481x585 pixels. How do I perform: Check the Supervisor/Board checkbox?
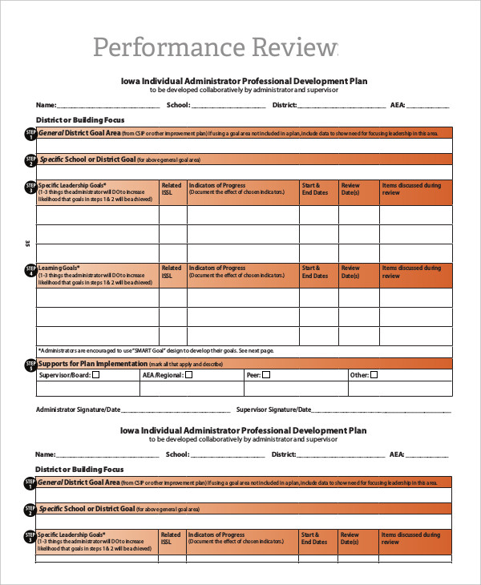pyautogui.click(x=96, y=374)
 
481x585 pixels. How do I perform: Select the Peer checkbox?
pyautogui.click(x=267, y=374)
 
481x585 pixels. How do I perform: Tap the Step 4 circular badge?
pyautogui.click(x=30, y=271)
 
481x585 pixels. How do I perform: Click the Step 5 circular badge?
pyautogui.click(x=30, y=365)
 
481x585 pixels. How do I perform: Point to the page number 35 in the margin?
pyautogui.click(x=27, y=243)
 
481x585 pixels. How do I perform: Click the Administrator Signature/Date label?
pyautogui.click(x=78, y=409)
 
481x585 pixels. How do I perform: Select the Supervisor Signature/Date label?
pyautogui.click(x=273, y=409)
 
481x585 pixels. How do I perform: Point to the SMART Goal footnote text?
pyautogui.click(x=156, y=350)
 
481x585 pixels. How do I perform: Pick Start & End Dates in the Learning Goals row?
pyautogui.click(x=315, y=272)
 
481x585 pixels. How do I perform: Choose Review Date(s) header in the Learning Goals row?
pyautogui.click(x=350, y=272)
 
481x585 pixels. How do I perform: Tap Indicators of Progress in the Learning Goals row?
pyautogui.click(x=217, y=268)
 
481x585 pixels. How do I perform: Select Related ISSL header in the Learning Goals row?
pyautogui.click(x=171, y=272)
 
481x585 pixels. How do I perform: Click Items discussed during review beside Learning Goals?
pyautogui.click(x=410, y=272)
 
